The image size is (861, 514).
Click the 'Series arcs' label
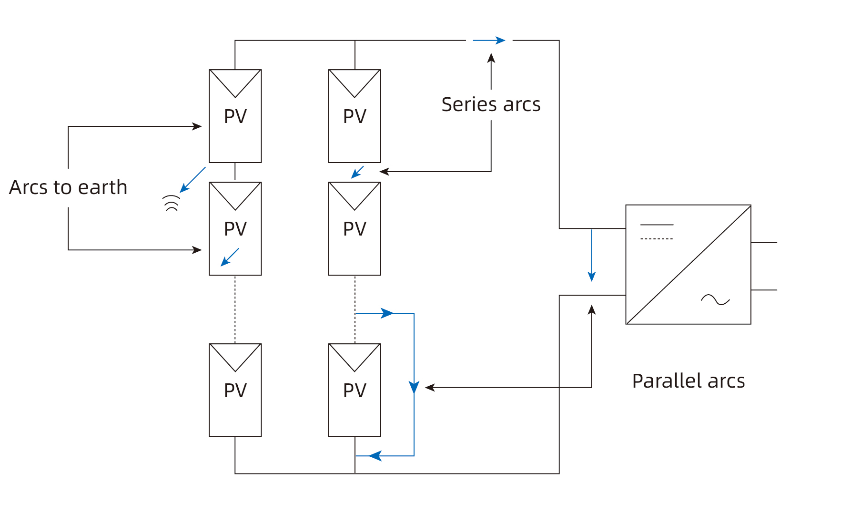point(491,104)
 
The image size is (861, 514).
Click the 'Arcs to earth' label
point(68,187)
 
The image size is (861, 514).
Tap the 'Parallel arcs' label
point(688,381)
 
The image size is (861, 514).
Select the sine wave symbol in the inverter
point(715,300)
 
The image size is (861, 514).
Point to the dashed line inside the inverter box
point(657,238)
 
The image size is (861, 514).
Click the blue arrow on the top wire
point(489,41)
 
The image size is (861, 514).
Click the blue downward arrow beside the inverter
point(591,256)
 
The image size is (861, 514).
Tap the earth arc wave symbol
point(172,203)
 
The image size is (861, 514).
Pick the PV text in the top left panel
point(235,116)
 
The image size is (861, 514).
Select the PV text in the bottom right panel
point(355,391)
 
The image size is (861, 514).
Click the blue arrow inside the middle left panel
point(230,257)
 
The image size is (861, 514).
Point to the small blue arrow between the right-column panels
point(357,172)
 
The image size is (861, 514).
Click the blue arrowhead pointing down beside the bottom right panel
point(414,387)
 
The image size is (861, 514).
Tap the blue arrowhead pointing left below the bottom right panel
point(375,456)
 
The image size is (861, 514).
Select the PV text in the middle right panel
point(355,229)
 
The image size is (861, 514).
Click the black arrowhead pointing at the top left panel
point(197,126)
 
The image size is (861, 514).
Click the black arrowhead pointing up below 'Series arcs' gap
point(491,58)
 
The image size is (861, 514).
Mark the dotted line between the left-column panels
point(235,309)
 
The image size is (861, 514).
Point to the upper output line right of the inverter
point(763,243)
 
